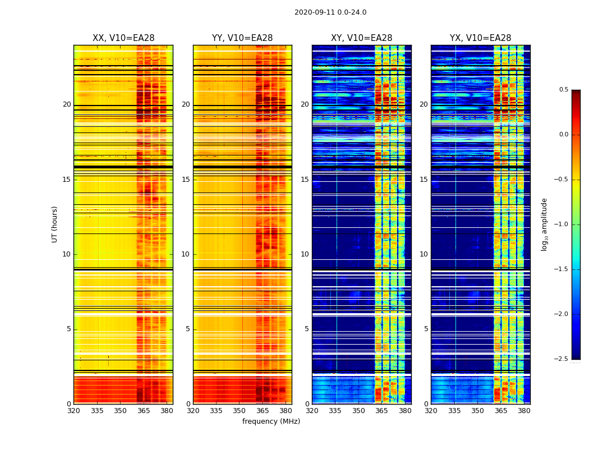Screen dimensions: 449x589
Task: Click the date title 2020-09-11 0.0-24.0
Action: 330,12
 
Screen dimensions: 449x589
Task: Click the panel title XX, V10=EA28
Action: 123,38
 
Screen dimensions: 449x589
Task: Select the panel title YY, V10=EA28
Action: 242,38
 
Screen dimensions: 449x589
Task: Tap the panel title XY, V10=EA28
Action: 361,38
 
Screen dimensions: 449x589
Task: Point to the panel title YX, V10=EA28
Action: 480,38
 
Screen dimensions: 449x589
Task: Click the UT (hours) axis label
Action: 54,224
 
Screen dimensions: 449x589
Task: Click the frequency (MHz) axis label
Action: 271,421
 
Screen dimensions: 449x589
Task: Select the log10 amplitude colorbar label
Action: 544,224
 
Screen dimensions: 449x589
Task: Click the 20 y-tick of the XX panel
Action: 67,104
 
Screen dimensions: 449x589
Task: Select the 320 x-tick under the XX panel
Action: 73,410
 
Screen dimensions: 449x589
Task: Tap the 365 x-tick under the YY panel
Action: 263,410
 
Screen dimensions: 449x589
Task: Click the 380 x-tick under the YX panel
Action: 524,410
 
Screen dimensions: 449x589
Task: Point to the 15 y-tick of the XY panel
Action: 305,180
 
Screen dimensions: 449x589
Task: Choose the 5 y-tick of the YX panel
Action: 426,329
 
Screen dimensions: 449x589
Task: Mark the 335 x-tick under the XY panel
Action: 335,410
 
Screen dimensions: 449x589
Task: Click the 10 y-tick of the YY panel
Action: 186,254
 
